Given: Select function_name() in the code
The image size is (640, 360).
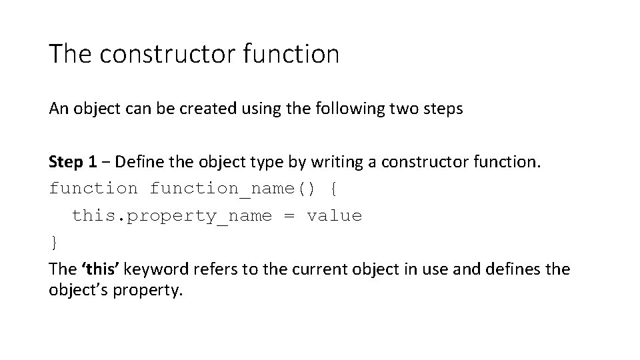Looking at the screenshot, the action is (234, 189).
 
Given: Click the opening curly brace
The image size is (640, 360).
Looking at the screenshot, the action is (334, 189).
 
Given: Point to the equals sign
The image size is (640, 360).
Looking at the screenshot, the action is (289, 216).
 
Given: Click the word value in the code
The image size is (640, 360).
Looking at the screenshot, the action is (334, 216).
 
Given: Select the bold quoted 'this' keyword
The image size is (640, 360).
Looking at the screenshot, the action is (101, 269).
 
